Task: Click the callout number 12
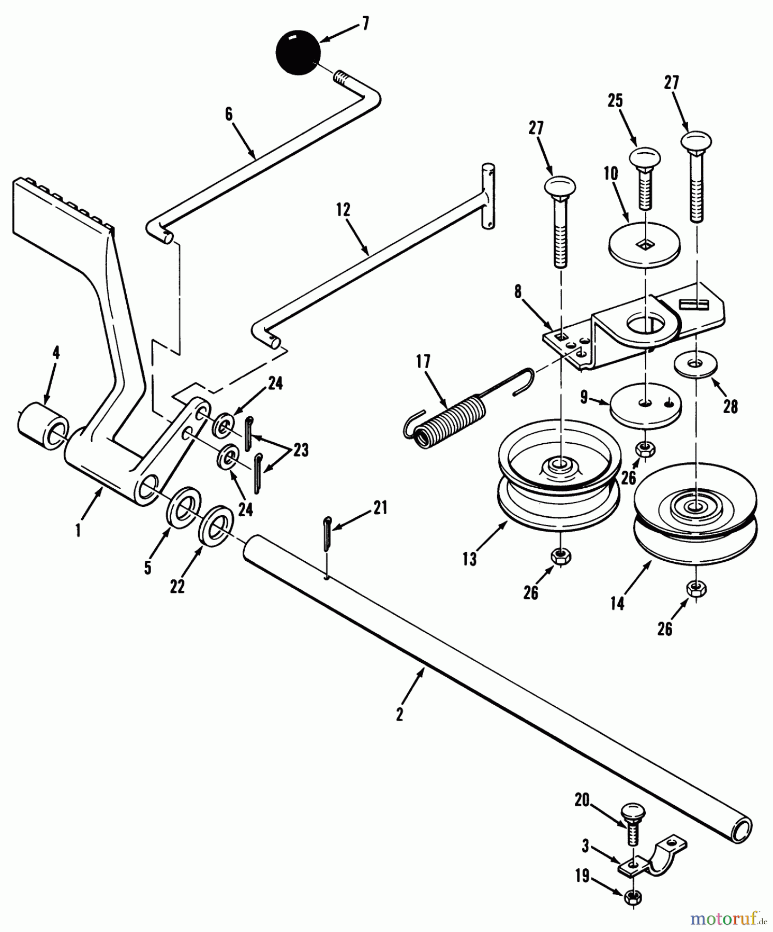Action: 343,210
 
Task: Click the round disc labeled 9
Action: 645,406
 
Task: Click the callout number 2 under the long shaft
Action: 399,715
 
